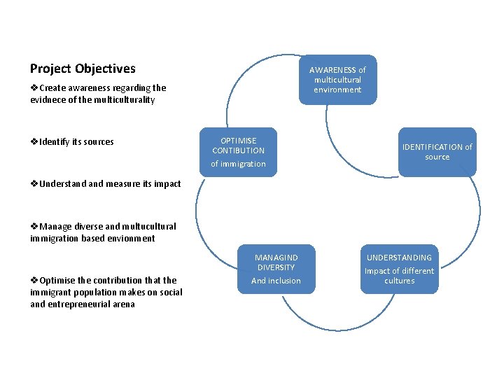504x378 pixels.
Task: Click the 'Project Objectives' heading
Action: tap(83, 69)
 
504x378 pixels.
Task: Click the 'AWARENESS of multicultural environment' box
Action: tap(337, 80)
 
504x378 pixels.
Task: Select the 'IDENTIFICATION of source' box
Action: tap(437, 152)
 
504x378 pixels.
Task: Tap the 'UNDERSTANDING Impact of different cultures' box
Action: tap(399, 269)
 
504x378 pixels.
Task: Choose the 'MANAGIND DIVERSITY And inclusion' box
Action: tap(276, 269)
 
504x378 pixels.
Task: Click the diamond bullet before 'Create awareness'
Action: tap(34, 88)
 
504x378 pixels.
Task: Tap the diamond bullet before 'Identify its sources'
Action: tap(34, 142)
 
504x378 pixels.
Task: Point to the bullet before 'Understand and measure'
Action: tap(34, 184)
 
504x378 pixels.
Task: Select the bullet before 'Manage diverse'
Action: tap(34, 227)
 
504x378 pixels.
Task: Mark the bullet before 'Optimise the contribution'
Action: tap(34, 281)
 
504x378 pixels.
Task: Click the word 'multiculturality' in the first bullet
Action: tap(122, 100)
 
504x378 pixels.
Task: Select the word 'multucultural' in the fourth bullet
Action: tap(149, 227)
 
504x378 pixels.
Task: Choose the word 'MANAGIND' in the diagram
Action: tap(276, 258)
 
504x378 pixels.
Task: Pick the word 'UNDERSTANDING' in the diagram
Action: tap(399, 258)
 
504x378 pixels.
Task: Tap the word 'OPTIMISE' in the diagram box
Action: tap(238, 141)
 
